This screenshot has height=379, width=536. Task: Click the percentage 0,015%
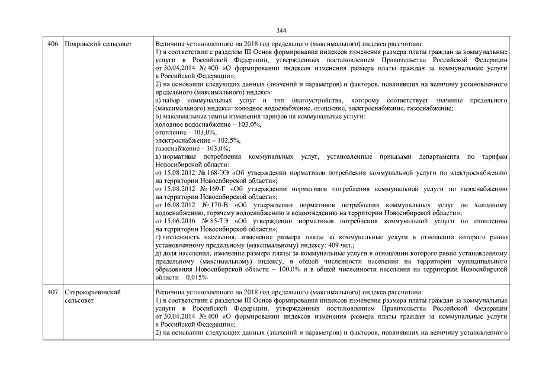pyautogui.click(x=196, y=277)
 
